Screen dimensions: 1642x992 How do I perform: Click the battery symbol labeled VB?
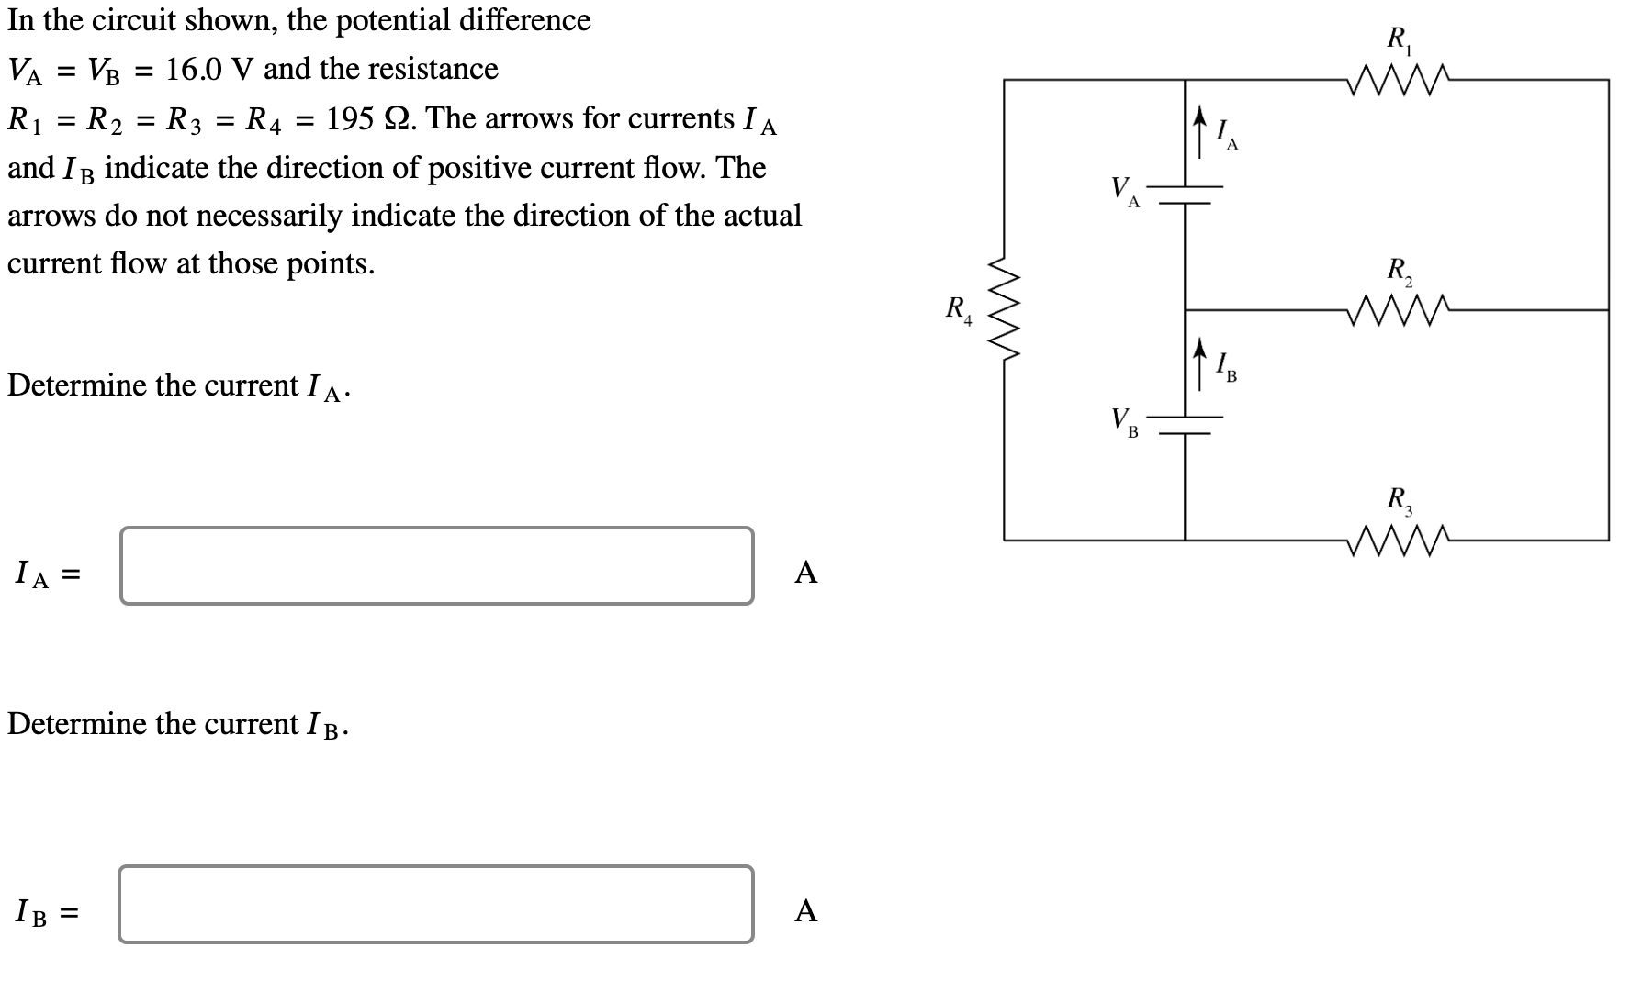(x=1185, y=425)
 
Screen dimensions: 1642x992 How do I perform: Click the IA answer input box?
(x=436, y=565)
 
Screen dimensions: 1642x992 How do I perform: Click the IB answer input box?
(x=436, y=905)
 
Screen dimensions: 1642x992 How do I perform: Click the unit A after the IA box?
(x=805, y=573)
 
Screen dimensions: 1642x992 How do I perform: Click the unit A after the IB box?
(x=805, y=911)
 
